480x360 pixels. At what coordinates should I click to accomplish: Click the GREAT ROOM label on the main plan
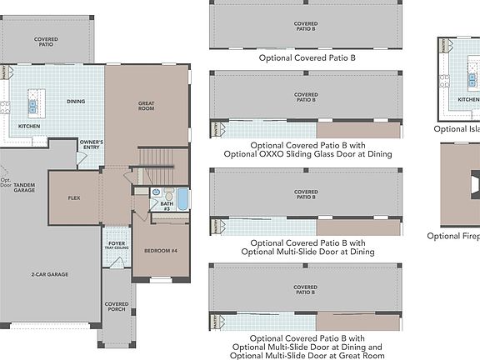click(147, 106)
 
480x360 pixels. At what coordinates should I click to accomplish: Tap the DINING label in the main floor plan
click(76, 102)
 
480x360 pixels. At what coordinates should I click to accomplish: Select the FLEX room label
click(73, 198)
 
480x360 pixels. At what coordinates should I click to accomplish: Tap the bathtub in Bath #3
click(182, 200)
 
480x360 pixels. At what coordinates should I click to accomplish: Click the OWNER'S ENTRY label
click(91, 145)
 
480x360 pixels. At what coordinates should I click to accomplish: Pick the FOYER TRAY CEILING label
click(116, 247)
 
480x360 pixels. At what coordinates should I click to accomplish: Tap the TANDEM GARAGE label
click(23, 187)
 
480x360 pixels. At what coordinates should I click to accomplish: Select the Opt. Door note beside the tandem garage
click(7, 182)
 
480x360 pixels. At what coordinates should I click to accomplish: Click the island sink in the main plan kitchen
click(32, 106)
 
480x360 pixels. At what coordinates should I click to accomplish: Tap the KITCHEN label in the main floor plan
click(30, 127)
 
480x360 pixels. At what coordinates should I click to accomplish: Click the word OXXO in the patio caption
click(277, 153)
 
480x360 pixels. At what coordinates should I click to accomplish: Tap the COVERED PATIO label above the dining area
click(46, 41)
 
